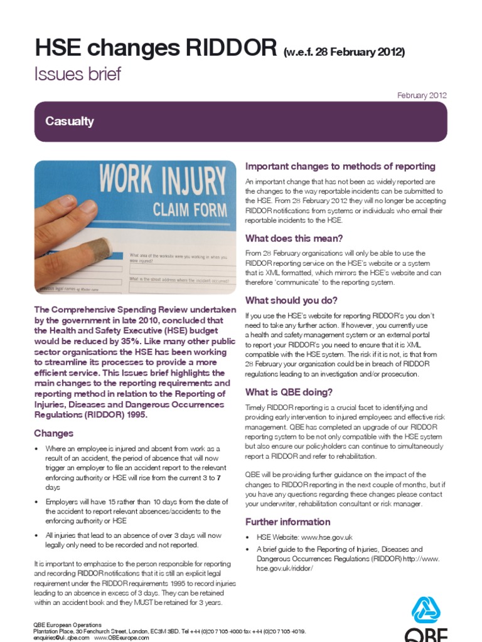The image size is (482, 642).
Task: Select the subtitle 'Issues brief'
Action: tap(77, 75)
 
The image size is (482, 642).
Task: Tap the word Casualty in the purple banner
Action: tap(70, 122)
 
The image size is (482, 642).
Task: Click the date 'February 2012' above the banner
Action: tap(422, 95)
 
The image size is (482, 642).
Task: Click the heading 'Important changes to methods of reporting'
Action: tap(340, 166)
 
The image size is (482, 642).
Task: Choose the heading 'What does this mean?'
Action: tap(294, 238)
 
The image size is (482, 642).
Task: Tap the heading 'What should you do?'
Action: tap(291, 300)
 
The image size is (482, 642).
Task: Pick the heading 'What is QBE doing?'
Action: tap(289, 392)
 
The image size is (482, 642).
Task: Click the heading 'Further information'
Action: tap(287, 522)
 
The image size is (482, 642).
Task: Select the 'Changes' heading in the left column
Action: tap(53, 433)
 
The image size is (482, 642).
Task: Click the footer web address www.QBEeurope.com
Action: tap(122, 638)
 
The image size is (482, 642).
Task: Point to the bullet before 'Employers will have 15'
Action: tap(37, 502)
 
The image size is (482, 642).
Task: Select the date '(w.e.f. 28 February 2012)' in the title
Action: tap(344, 51)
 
